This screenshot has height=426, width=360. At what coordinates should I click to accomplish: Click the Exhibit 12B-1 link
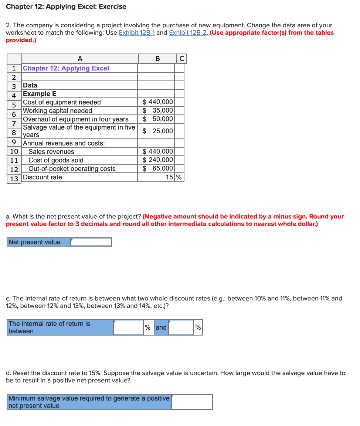[x=137, y=32]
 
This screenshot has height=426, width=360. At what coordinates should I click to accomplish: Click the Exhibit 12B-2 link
[x=188, y=32]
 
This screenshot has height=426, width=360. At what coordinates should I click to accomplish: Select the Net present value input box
[x=91, y=242]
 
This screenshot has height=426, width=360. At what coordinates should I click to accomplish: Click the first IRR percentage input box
[x=128, y=327]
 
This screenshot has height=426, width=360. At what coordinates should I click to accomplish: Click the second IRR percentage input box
[x=181, y=327]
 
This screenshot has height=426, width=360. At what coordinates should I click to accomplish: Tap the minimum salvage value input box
[x=192, y=402]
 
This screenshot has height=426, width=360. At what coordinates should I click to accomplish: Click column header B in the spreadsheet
[x=158, y=59]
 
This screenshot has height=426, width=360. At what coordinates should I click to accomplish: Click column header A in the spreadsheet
[x=80, y=59]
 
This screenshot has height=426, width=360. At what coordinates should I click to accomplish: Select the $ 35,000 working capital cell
[x=158, y=110]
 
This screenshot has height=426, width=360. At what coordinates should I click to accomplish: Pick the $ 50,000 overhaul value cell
[x=158, y=119]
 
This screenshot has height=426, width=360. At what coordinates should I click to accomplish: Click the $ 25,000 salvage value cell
[x=158, y=131]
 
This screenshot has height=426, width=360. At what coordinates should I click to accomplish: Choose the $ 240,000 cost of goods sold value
[x=158, y=160]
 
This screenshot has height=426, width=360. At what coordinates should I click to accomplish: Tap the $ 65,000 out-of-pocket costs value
[x=158, y=168]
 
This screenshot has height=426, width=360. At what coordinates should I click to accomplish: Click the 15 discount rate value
[x=169, y=177]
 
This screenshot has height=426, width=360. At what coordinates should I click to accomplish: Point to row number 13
[x=14, y=178]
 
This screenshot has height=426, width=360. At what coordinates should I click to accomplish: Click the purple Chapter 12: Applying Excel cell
[x=66, y=68]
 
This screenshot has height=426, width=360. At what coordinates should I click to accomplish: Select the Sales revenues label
[x=51, y=152]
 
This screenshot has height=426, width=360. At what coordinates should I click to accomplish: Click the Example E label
[x=40, y=94]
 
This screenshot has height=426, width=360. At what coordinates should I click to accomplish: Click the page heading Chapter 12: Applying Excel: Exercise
[x=66, y=7]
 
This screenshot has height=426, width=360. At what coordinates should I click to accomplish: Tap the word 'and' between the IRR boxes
[x=161, y=327]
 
